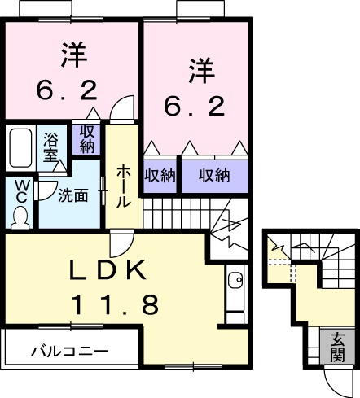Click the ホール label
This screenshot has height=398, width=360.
(123, 185)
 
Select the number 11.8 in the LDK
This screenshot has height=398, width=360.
(114, 306)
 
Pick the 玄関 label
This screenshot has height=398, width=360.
(337, 347)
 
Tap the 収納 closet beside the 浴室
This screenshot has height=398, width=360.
(87, 138)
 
